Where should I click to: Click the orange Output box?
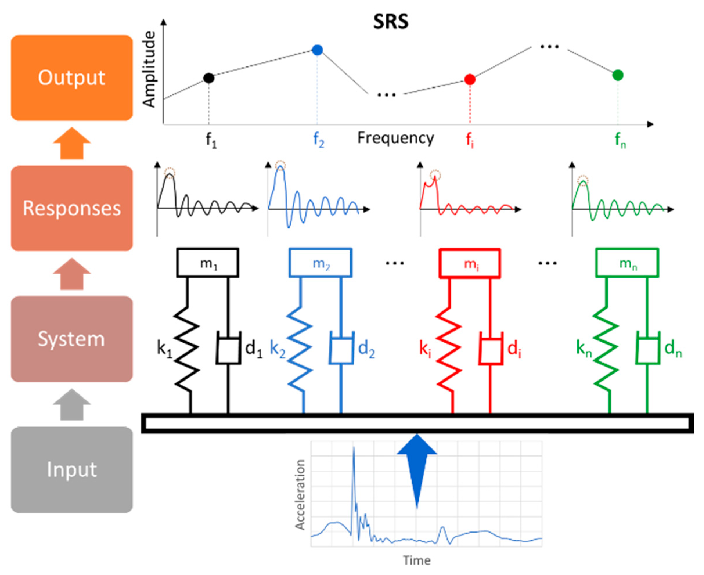pos(71,77)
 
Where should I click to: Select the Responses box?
pos(71,208)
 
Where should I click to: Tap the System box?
pos(71,339)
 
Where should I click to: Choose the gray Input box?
pos(71,470)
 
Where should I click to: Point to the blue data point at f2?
pos(317,50)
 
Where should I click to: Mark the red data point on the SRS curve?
pos(470,80)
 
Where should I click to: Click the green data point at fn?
pos(618,75)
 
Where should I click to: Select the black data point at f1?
pos(209,78)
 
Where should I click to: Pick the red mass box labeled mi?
pos(470,263)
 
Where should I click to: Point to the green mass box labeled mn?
pos(627,263)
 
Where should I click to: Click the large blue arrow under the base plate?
pos(417,464)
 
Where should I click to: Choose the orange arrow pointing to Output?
pos(71,143)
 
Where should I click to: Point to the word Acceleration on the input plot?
pos(300,495)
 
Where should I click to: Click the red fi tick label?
pos(470,140)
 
